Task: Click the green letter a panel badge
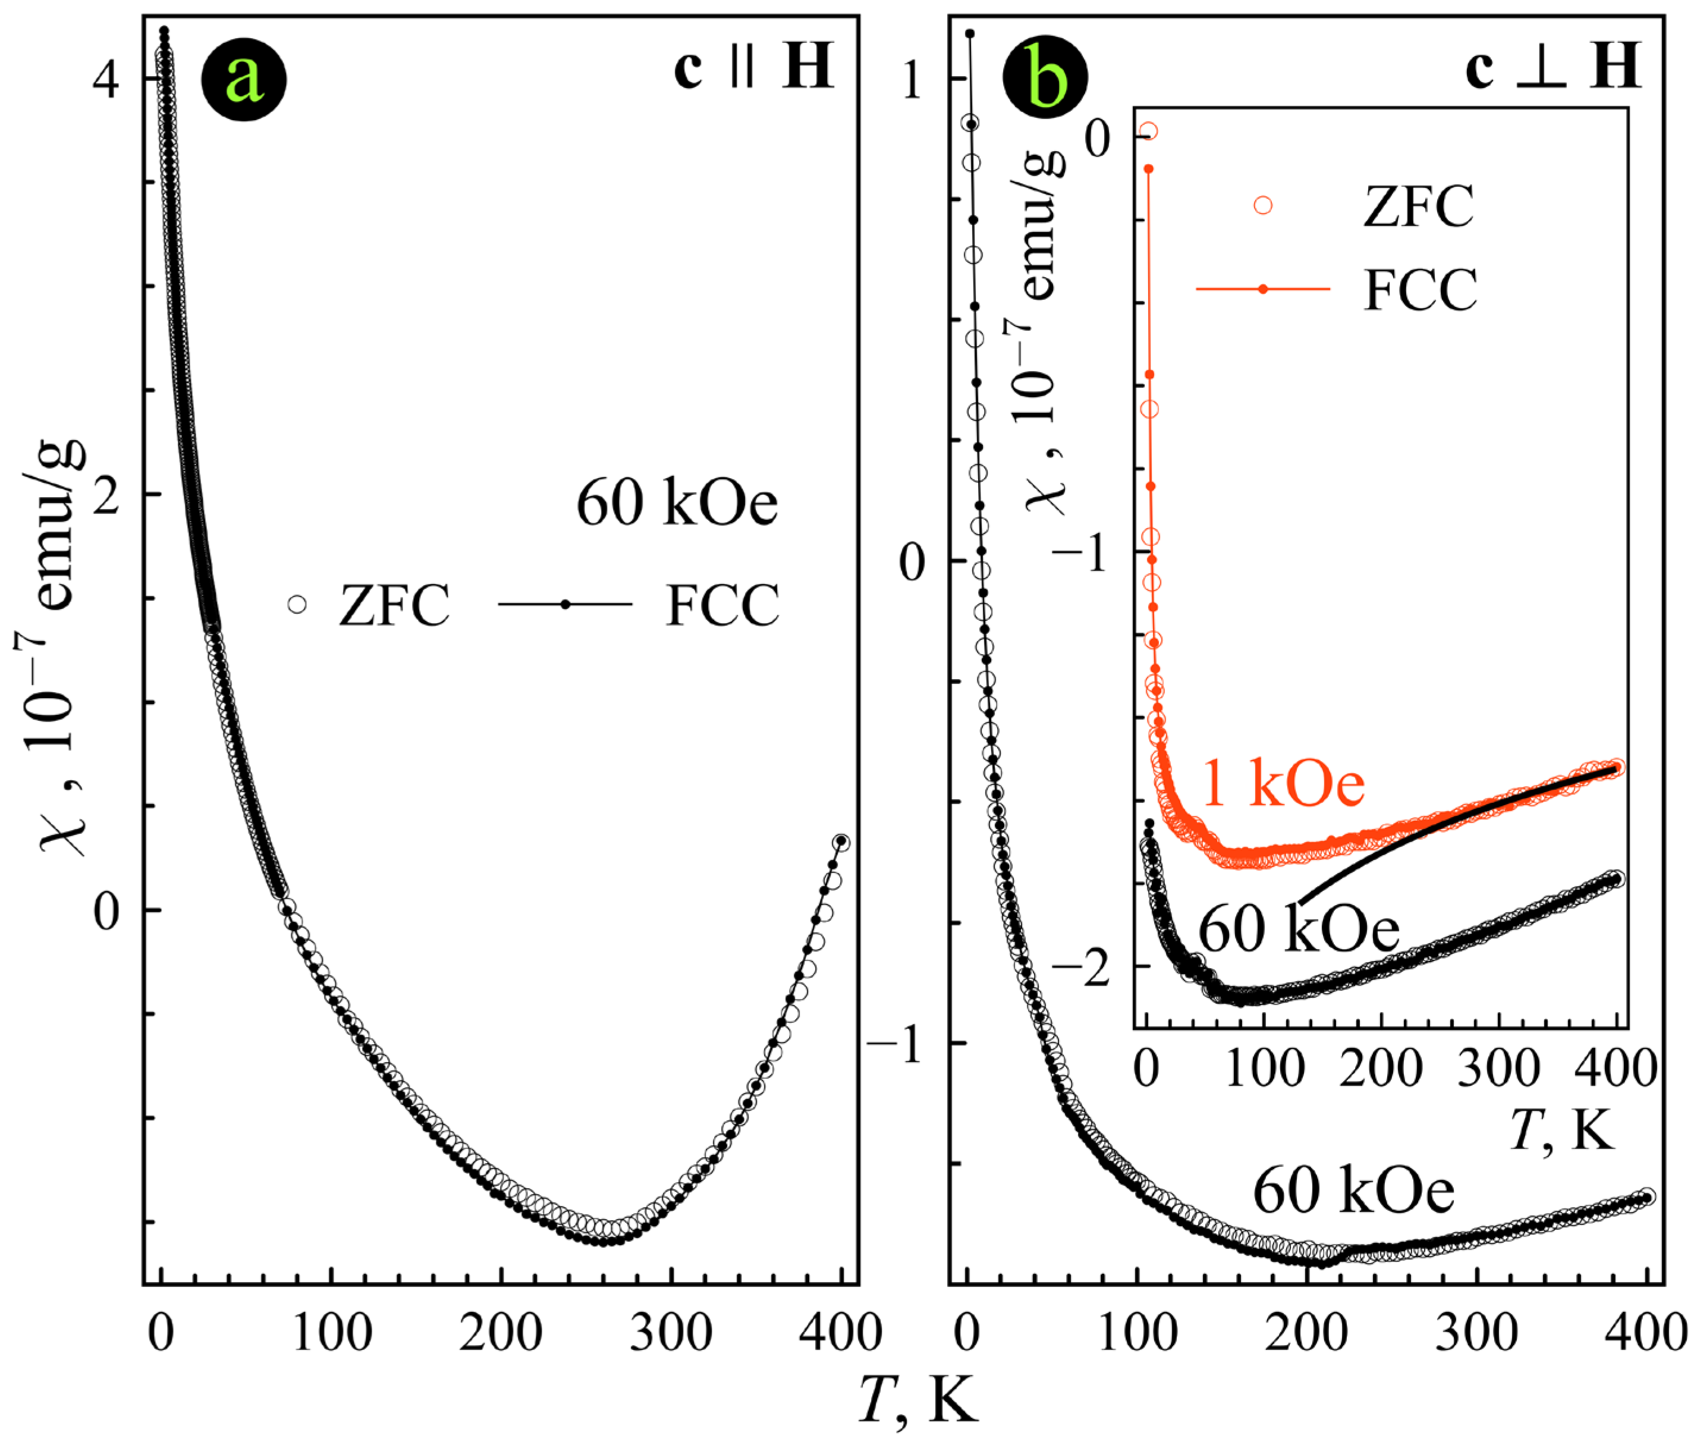(x=244, y=80)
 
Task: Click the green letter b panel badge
(x=1046, y=80)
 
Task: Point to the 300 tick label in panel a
(x=671, y=1333)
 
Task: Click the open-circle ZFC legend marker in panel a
(x=297, y=605)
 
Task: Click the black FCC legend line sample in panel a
(x=565, y=605)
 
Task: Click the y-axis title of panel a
(x=61, y=647)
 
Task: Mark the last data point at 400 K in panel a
(x=840, y=842)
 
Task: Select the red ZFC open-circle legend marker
(x=1263, y=205)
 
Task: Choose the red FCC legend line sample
(x=1263, y=288)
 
